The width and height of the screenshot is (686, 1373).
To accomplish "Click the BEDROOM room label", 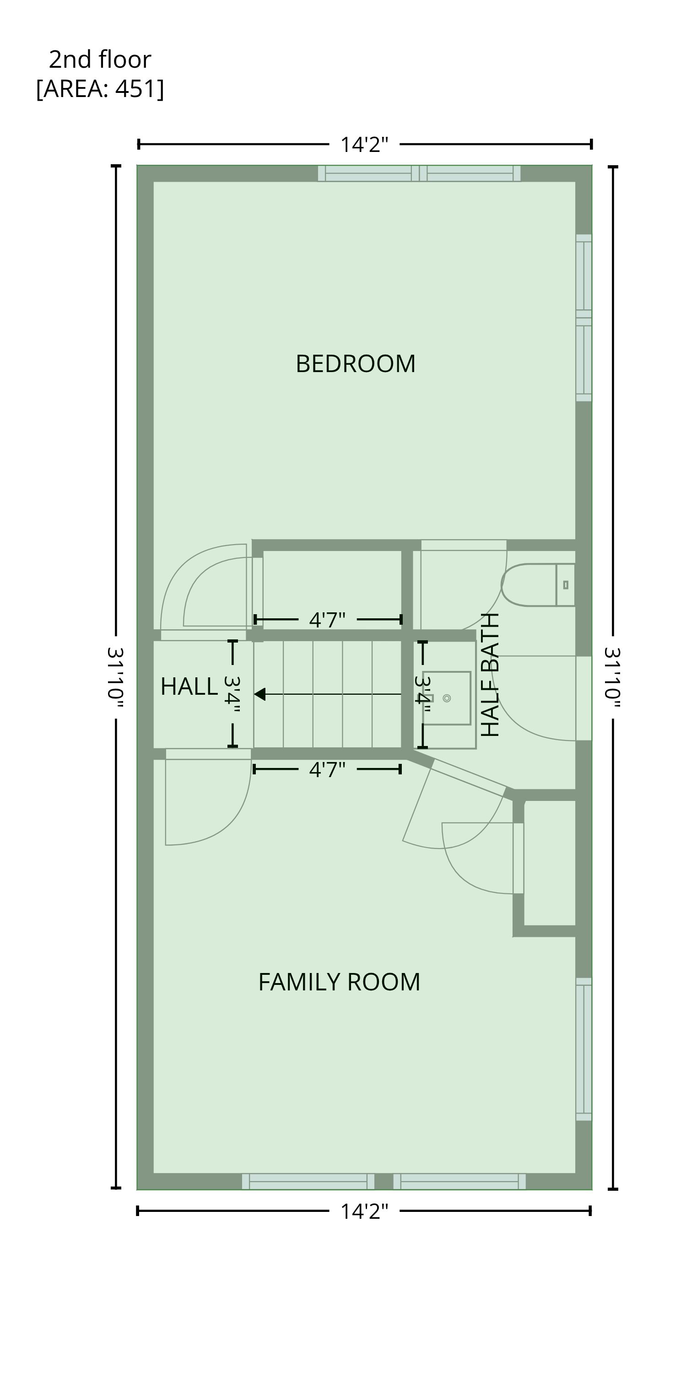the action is coord(356,364).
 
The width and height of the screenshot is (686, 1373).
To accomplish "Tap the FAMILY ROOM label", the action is coord(339,982).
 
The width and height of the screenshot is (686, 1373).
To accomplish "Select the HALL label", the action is coord(189,686).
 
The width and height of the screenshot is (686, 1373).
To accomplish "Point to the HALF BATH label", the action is coord(490,675).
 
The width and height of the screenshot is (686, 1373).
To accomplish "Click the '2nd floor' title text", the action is coord(100,59).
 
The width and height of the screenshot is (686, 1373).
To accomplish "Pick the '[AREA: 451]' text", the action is coord(100,88).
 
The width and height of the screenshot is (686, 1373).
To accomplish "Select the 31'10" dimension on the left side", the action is coord(116,677).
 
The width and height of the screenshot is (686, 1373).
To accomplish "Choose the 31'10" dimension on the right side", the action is coord(613,677).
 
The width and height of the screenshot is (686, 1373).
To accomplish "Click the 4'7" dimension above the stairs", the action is coord(327,620).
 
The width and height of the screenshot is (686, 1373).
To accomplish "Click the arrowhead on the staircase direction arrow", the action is coord(259,694).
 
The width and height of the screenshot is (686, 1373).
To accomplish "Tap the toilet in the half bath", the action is coord(538,585).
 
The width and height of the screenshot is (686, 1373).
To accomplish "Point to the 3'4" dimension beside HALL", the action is coord(232,694).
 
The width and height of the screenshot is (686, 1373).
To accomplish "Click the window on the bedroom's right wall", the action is coord(583,318).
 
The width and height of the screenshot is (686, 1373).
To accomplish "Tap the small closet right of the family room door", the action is coord(550,863).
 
